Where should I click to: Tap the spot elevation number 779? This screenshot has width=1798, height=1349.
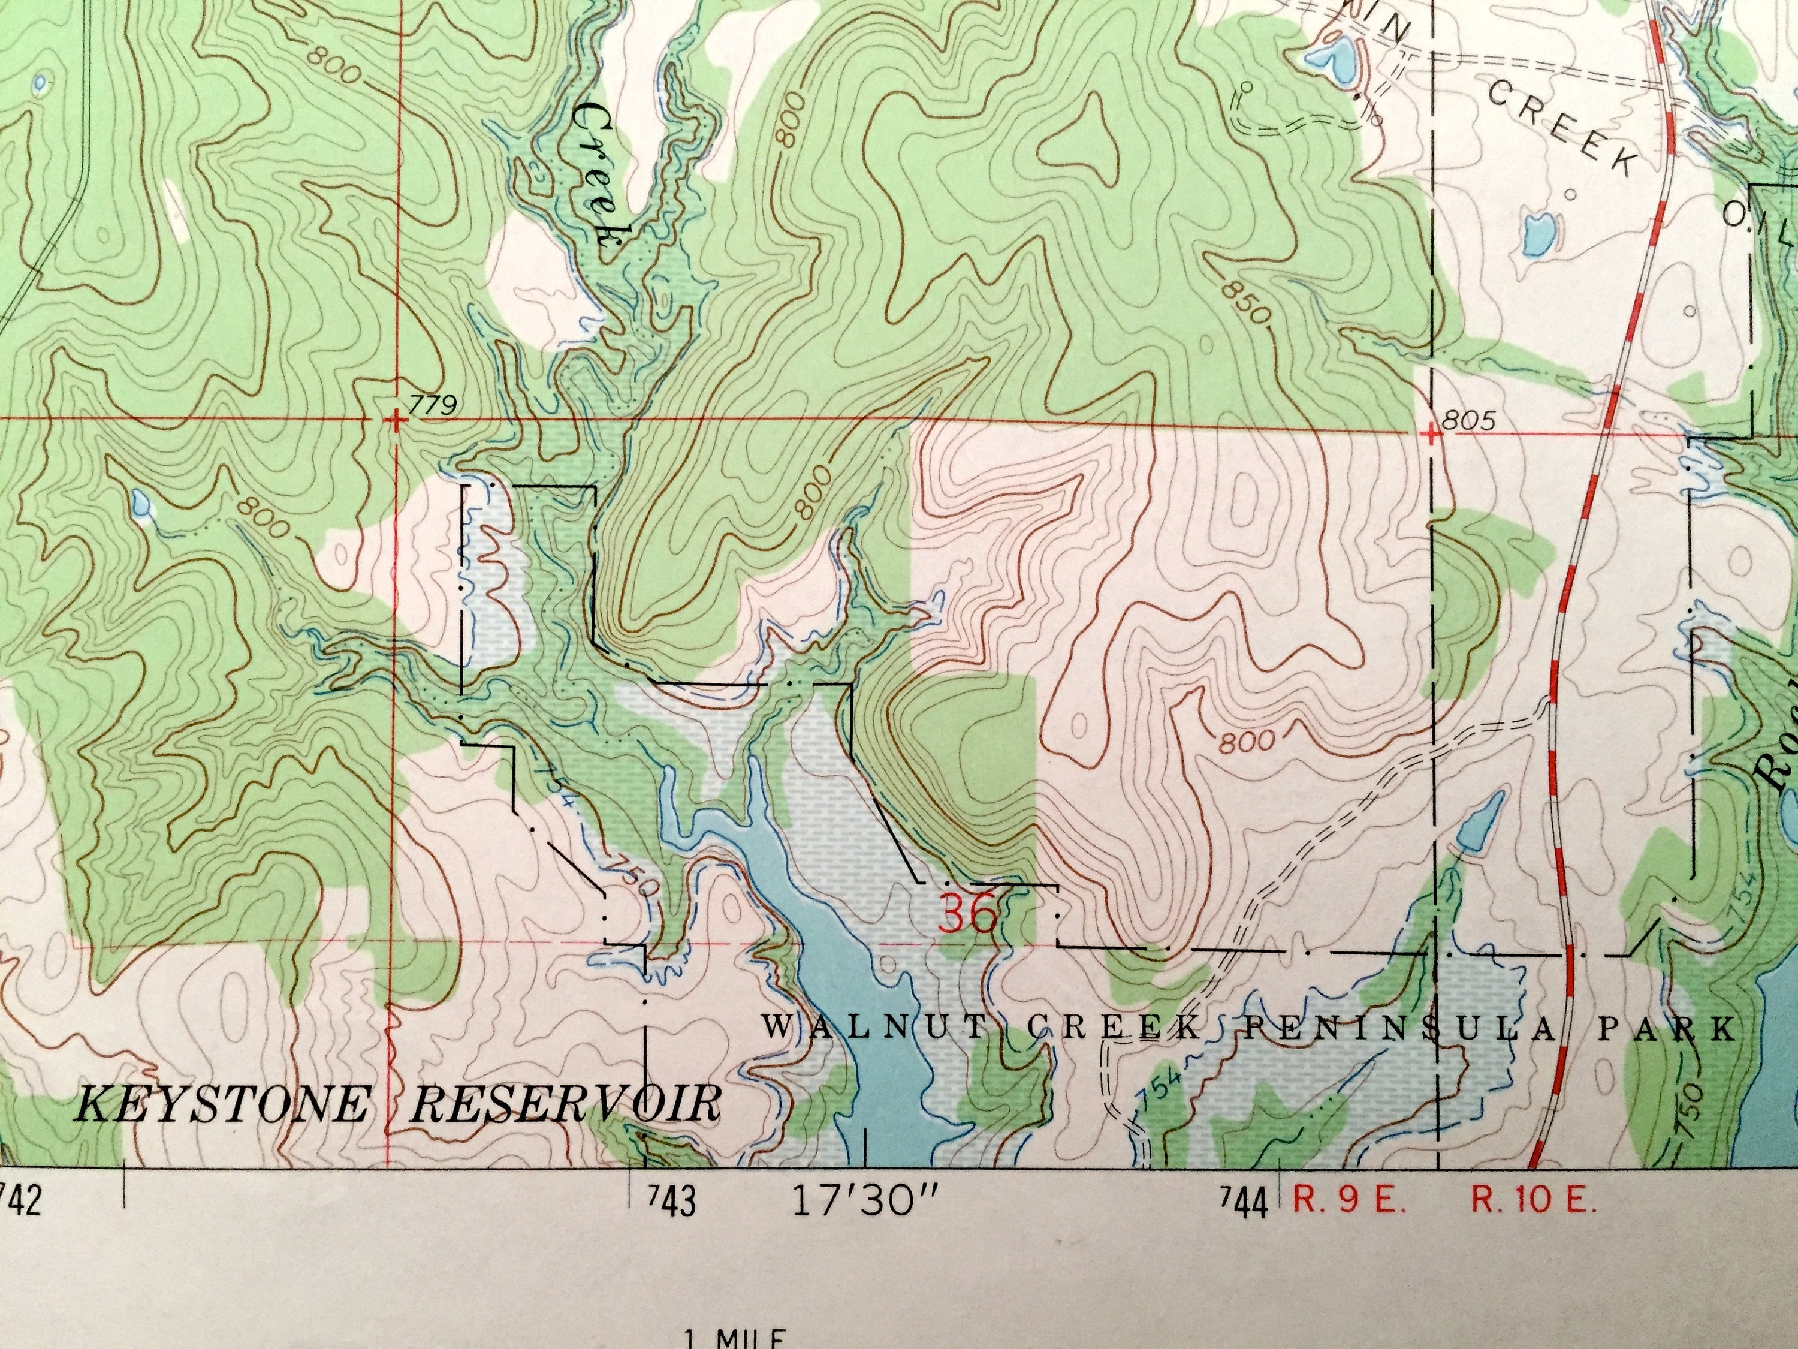[x=434, y=404]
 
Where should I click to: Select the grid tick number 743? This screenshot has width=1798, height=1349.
[x=671, y=1203]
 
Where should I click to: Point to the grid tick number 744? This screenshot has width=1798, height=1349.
[x=1244, y=1203]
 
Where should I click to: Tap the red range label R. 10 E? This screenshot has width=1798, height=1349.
[x=1532, y=1201]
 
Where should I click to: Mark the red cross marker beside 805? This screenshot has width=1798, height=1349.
[x=1433, y=433]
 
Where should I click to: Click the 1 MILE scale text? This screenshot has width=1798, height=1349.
[x=734, y=1338]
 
